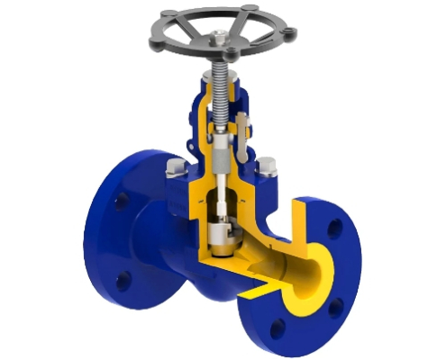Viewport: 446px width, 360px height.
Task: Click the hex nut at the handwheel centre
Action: [x=219, y=39]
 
